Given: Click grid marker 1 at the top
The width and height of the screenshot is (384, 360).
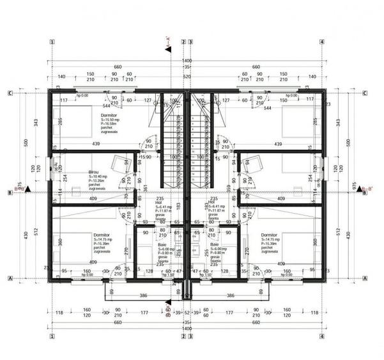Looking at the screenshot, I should (x=51, y=43).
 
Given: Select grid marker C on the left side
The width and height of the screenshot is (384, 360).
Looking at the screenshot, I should (x=10, y=93).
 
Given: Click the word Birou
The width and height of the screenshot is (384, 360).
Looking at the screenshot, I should (x=95, y=172).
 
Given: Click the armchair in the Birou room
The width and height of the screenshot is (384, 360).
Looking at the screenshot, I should (x=121, y=162).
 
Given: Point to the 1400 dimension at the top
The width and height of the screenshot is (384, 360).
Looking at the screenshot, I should (x=187, y=60).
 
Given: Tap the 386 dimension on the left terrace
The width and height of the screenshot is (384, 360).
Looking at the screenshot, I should (x=144, y=296).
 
